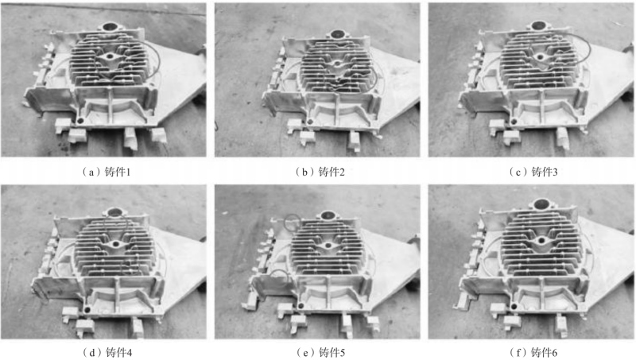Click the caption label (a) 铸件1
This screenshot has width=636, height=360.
click(107, 172)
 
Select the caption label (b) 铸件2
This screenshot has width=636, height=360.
click(320, 172)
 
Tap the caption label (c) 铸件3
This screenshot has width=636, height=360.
click(533, 172)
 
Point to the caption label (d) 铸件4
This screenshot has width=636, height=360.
click(107, 352)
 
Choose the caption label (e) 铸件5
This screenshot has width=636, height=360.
click(320, 352)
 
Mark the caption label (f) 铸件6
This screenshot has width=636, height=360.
click(533, 352)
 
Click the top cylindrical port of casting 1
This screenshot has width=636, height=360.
click(110, 28)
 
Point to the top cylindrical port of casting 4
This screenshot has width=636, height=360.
click(116, 211)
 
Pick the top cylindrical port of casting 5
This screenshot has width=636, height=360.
click(327, 215)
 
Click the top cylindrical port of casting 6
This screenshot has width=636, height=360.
click(542, 203)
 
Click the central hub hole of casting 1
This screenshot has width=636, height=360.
click(110, 56)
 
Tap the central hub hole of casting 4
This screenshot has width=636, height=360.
click(116, 245)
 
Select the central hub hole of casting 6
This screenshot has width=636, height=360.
click(541, 241)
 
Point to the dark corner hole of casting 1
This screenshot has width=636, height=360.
click(80, 121)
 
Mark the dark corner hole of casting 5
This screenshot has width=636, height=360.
click(301, 305)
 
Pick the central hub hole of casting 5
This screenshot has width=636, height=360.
click(328, 246)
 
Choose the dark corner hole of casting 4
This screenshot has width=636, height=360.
click(87, 310)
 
